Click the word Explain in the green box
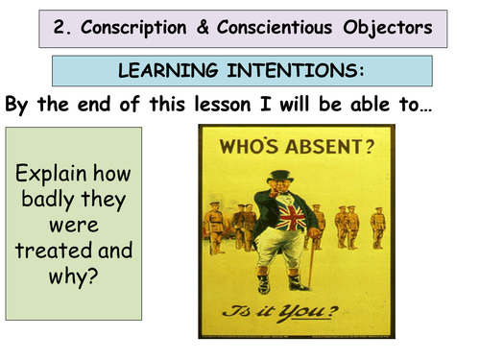(x=74, y=176)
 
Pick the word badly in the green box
(x=49, y=203)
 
